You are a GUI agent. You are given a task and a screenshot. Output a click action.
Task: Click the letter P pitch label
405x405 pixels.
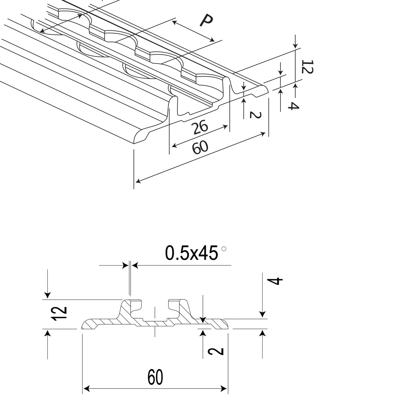coord(206,20)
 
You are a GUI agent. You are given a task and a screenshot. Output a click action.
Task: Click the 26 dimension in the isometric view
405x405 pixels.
coord(201,127)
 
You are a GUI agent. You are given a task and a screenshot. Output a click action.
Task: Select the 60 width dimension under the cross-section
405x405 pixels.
coord(155,377)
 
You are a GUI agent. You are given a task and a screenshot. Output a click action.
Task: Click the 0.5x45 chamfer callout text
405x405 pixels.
coord(191,253)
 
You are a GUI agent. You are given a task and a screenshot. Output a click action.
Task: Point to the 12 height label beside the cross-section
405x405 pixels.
coord(59,314)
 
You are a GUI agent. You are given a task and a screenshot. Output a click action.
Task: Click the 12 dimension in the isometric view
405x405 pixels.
coord(307,67)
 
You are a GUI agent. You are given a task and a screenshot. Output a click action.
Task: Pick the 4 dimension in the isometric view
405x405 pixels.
coord(294,106)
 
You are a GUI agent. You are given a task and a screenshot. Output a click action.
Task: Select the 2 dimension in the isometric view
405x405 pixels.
coord(255,115)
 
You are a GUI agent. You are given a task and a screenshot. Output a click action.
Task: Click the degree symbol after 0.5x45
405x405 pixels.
coord(224,249)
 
